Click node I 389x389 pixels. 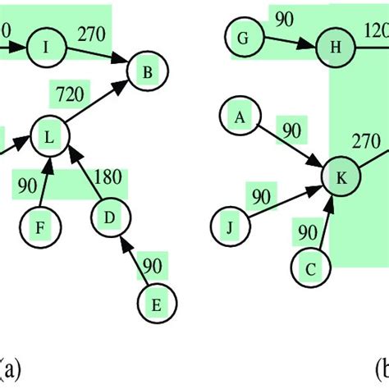point(46,48)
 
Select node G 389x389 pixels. point(242,37)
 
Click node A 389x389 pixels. point(240,118)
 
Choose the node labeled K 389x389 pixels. point(341,177)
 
